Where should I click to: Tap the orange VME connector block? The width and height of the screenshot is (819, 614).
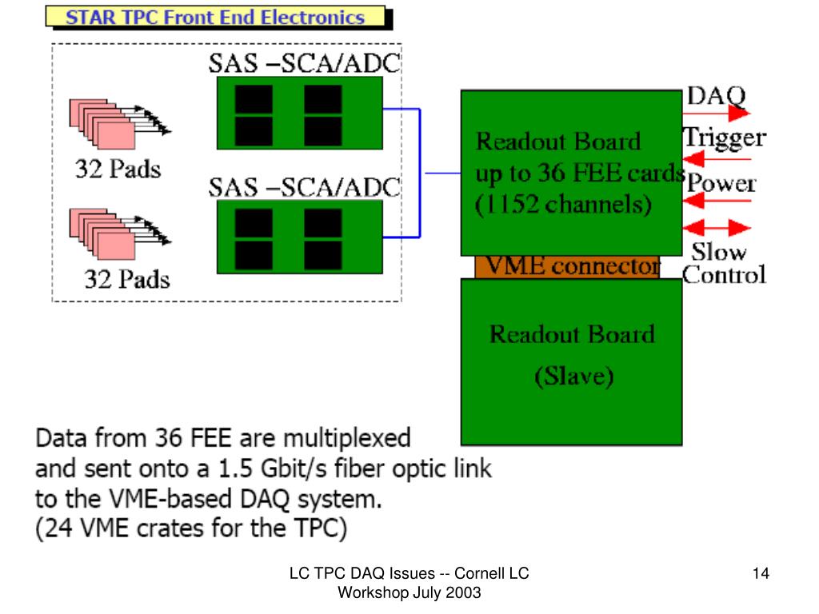[567, 266]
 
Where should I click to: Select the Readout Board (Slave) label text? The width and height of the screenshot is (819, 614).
[572, 354]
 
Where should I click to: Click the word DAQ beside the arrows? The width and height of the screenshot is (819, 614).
[716, 97]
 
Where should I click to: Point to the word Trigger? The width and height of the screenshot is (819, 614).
[724, 138]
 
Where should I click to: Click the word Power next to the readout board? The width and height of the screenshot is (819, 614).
[721, 183]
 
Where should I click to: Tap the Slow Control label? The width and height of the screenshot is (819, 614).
[723, 263]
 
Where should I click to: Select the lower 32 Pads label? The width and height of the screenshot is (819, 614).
[127, 279]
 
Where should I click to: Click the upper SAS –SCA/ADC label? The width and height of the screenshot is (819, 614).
[305, 64]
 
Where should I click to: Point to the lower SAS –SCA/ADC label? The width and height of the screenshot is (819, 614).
[305, 188]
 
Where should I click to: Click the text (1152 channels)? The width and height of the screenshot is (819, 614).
[564, 205]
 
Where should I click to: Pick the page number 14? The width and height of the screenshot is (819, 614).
[761, 573]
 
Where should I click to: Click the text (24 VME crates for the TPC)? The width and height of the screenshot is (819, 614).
[192, 528]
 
